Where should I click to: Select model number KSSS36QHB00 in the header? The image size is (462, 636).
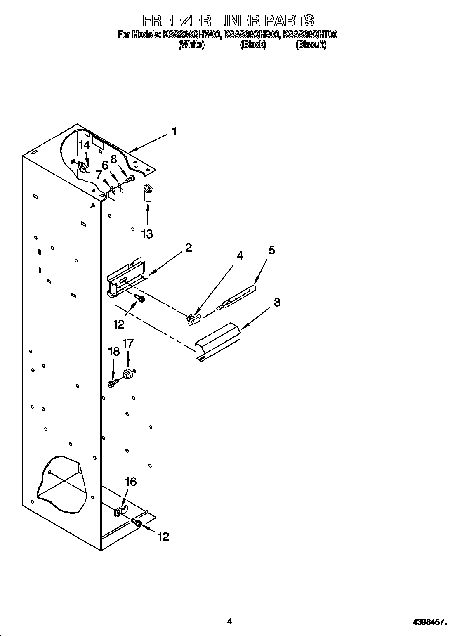coord(252,35)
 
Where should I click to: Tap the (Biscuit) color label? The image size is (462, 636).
coord(311,45)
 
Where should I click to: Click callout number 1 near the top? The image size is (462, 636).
coord(174,132)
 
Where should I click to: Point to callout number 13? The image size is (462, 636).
coord(147,234)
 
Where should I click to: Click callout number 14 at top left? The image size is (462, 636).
coord(84,145)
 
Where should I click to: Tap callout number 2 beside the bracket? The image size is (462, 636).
coord(189,248)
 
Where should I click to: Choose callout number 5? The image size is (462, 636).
coord(271,251)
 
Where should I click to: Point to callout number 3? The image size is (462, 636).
coord(277,302)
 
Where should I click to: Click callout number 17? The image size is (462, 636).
coord(128,343)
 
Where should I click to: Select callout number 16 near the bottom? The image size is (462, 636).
coord(130,482)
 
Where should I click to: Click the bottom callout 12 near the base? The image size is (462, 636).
coord(163,536)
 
